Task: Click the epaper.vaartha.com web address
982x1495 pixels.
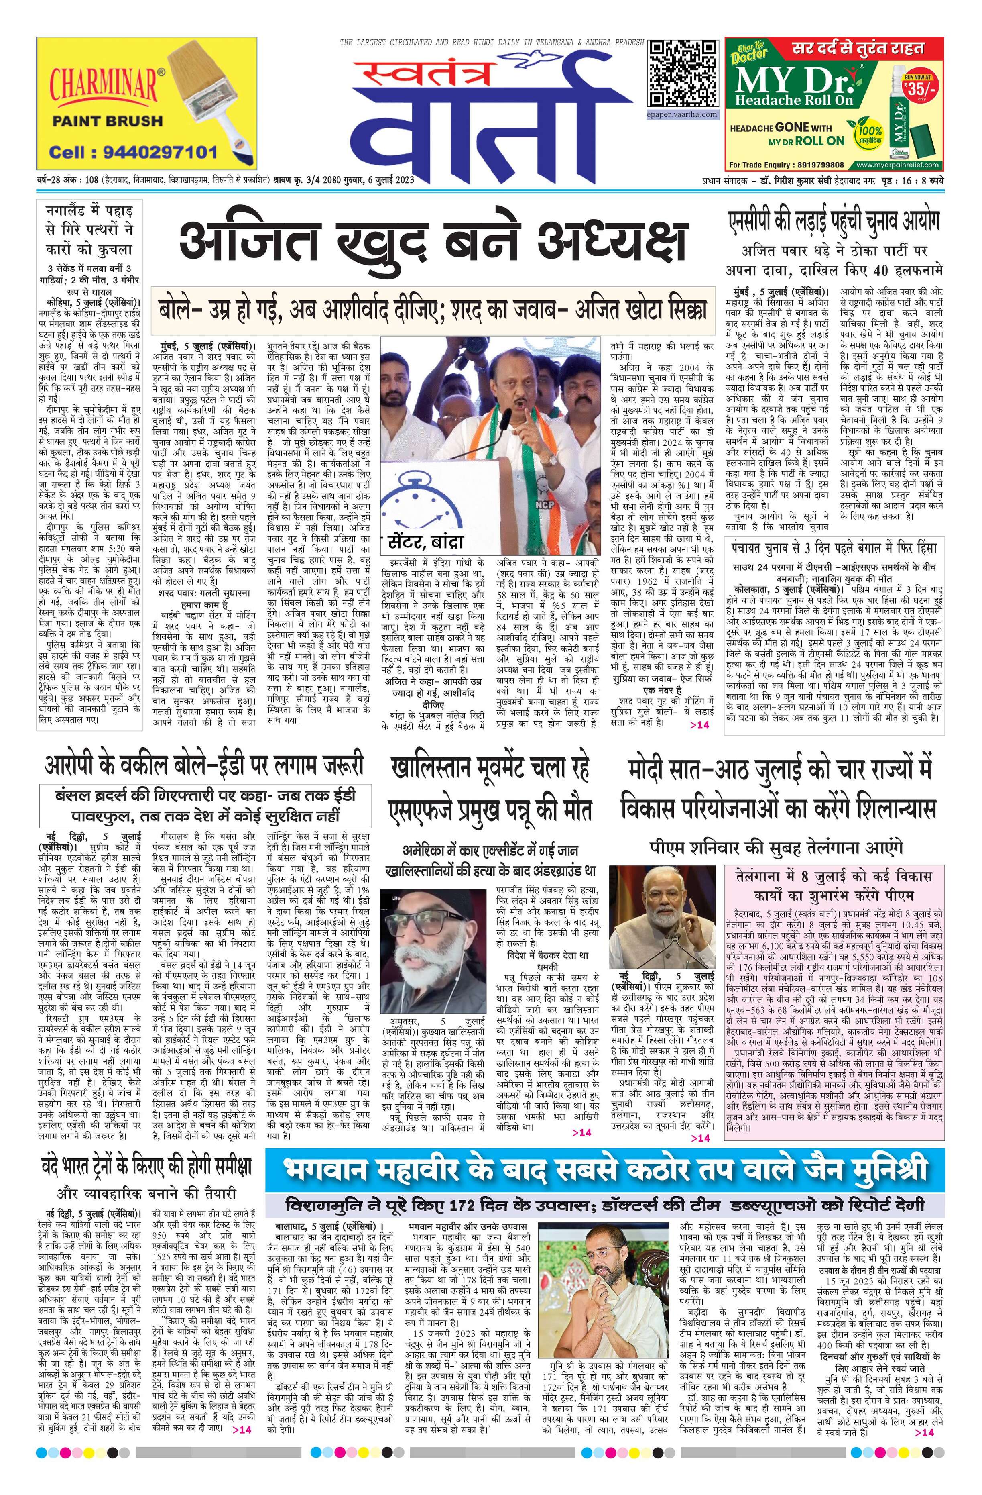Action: coord(682,115)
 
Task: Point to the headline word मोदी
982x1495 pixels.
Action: coord(653,769)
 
